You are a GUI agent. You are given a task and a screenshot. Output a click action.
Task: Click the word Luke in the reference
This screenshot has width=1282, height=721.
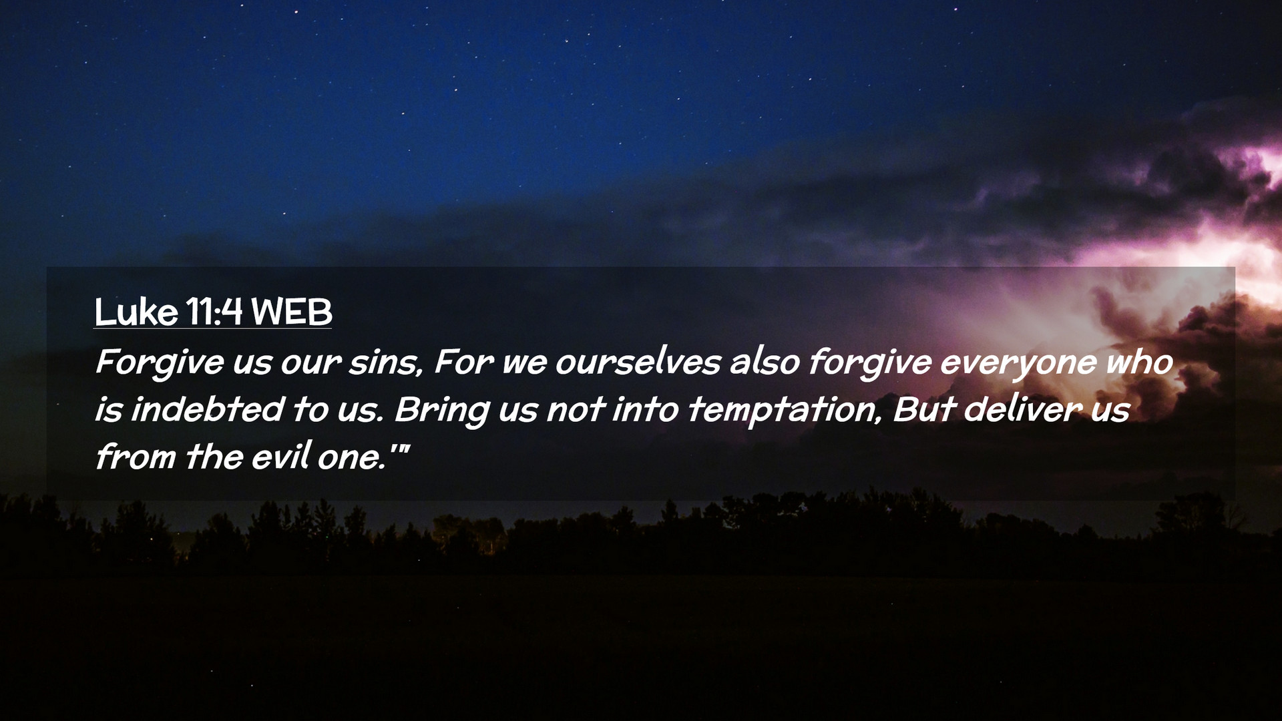click(x=136, y=312)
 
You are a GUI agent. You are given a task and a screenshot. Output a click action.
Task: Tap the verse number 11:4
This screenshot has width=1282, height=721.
click(x=214, y=312)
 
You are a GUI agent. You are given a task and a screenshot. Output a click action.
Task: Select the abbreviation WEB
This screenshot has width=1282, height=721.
click(x=291, y=312)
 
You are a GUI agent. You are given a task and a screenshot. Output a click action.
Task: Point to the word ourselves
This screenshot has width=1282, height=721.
click(x=638, y=363)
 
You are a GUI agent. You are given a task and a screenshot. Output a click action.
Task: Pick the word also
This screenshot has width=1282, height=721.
click(x=765, y=363)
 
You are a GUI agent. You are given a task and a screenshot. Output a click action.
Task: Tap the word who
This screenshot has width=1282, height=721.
click(x=1139, y=363)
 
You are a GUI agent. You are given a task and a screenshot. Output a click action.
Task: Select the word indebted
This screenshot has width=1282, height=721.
click(x=208, y=409)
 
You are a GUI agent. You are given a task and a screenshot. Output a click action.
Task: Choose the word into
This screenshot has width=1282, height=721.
click(x=646, y=409)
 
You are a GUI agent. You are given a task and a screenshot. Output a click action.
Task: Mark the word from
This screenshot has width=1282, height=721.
click(x=136, y=457)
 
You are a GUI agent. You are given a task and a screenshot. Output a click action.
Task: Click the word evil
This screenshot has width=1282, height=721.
click(x=282, y=457)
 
